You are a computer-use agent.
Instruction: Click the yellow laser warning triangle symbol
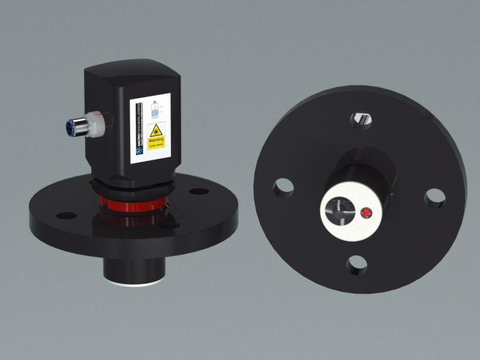click(x=156, y=129)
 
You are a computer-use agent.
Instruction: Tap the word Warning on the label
click(x=156, y=140)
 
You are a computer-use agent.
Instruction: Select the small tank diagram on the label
click(x=155, y=109)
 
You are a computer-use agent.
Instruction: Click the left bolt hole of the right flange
click(x=281, y=187)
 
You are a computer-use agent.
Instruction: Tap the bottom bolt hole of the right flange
click(x=356, y=264)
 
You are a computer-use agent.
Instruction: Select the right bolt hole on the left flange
click(x=199, y=192)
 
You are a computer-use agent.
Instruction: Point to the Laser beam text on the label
click(x=156, y=145)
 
